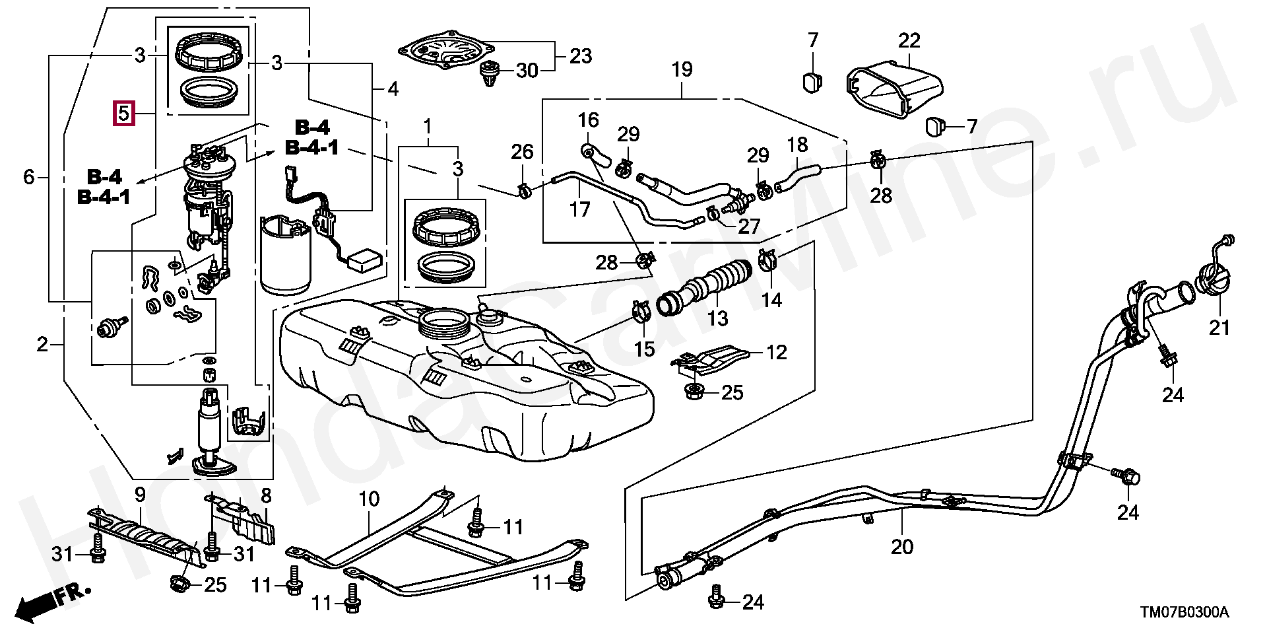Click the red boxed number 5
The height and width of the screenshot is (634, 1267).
(124, 113)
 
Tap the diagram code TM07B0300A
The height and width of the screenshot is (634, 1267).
(1185, 613)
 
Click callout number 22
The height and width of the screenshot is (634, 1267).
(909, 41)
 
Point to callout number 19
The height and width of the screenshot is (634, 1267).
(682, 69)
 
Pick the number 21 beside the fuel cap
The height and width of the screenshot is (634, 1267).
(1219, 327)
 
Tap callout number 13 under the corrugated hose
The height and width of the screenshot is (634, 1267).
(717, 318)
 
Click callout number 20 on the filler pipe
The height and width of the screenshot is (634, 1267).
(902, 547)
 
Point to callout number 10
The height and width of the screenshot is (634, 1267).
(369, 499)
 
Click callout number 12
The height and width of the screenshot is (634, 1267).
(777, 352)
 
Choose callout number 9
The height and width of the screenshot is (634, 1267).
(140, 495)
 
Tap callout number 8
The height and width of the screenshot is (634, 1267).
(266, 495)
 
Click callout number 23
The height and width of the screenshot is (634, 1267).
(581, 56)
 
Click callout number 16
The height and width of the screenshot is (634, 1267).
(588, 120)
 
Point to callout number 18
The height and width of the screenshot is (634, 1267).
(797, 145)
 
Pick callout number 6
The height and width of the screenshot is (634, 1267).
(28, 177)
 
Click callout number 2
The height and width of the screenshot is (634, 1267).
(42, 344)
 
